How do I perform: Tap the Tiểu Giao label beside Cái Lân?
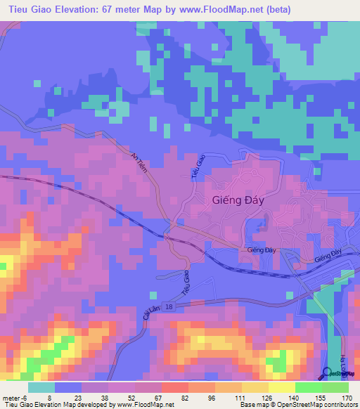coord(186,282)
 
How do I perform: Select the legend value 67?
coord(159,398)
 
